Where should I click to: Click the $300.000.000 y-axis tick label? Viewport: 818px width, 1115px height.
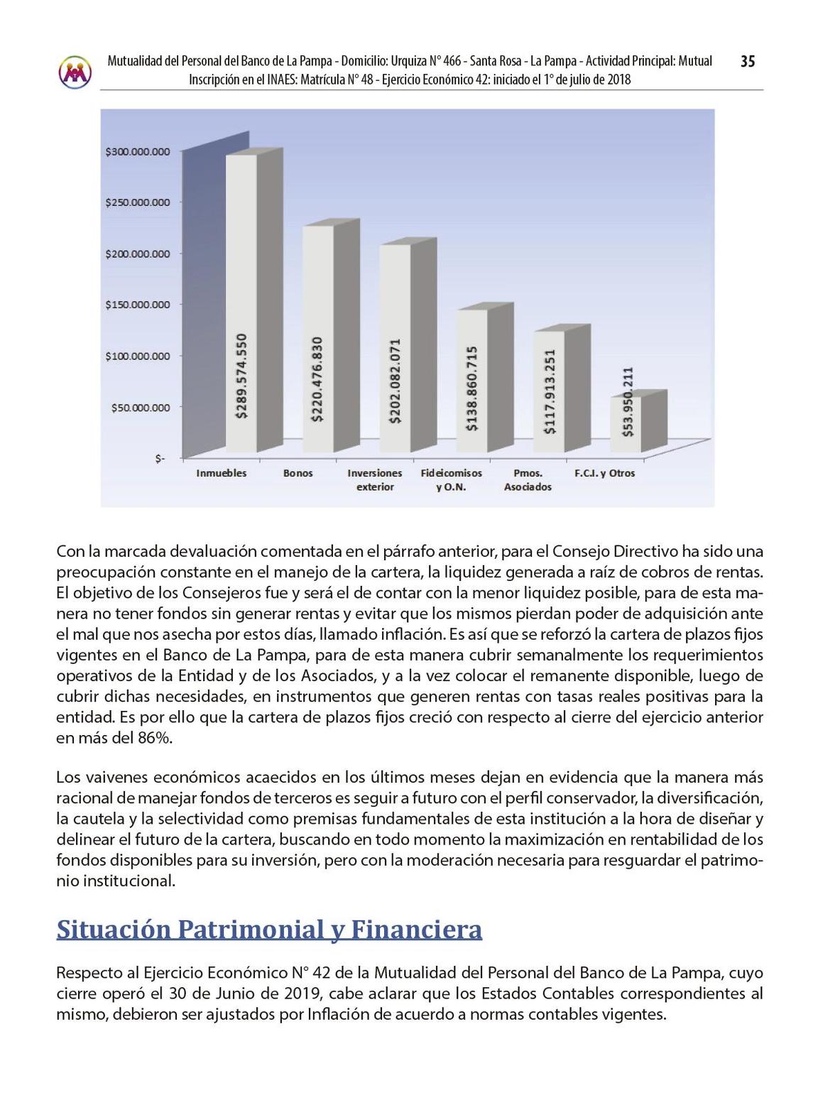coord(138,151)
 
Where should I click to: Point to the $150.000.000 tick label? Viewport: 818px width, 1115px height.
coord(138,305)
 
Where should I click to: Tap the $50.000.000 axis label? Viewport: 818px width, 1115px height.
coord(141,407)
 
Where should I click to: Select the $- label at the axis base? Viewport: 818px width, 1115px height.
coord(160,458)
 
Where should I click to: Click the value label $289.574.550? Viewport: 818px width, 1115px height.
coord(242,376)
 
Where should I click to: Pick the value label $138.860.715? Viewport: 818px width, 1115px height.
coord(471,388)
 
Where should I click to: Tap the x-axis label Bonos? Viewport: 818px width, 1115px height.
coord(298,473)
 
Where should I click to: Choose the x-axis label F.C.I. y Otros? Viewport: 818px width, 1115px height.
coord(604,473)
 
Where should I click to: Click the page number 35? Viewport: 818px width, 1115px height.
coord(747,62)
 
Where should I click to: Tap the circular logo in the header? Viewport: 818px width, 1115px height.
coord(75,72)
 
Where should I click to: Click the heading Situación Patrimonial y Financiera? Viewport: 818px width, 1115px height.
coord(269,929)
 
